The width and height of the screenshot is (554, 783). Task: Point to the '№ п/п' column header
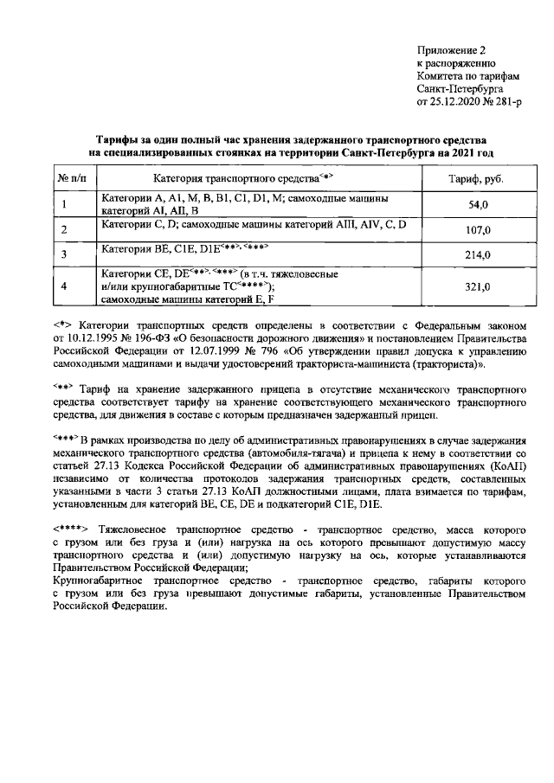click(x=72, y=178)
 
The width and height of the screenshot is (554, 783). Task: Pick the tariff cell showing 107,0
click(x=478, y=230)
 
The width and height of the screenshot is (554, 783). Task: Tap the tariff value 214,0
click(x=478, y=254)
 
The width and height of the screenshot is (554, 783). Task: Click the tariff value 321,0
click(x=478, y=286)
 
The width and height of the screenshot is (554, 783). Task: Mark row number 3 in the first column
click(x=65, y=254)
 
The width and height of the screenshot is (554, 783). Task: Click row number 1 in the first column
click(x=65, y=205)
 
